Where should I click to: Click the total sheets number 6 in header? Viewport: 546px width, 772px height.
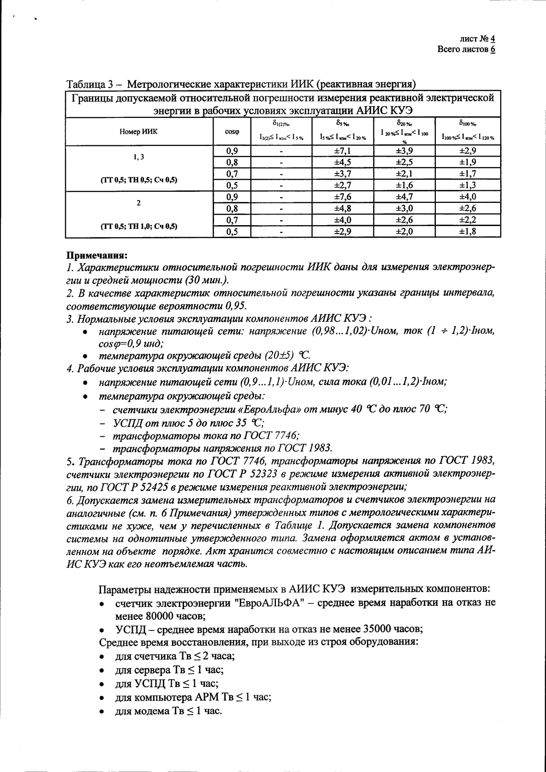coord(492,49)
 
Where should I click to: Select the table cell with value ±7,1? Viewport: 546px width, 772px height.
coord(343,151)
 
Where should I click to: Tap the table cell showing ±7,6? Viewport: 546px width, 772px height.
coord(343,197)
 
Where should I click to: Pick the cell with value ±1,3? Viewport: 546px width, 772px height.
coord(467,185)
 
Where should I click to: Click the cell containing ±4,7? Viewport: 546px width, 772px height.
coord(404,197)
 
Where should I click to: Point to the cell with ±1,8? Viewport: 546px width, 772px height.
coord(467,231)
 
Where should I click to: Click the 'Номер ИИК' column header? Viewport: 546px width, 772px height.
coord(138,131)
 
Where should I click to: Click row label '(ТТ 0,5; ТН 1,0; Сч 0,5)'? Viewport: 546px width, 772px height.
coord(139,226)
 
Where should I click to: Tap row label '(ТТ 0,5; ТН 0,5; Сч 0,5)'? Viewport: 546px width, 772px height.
coord(139,180)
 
